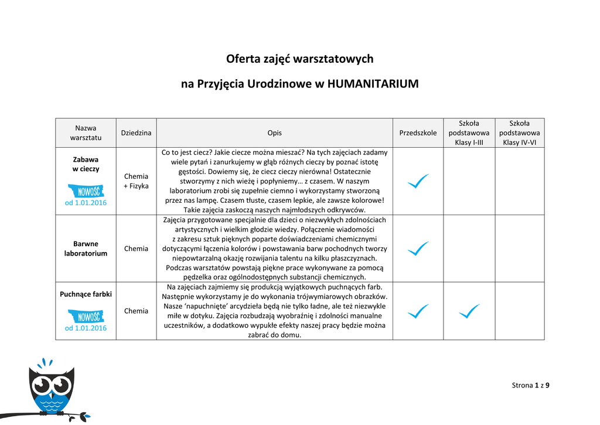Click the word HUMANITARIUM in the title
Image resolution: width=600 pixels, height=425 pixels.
(x=373, y=84)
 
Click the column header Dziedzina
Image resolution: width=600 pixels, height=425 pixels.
(x=136, y=133)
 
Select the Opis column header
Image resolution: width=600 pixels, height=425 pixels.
(x=274, y=133)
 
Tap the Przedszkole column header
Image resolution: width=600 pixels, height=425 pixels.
(x=418, y=133)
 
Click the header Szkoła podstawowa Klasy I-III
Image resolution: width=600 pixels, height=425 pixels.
(x=469, y=133)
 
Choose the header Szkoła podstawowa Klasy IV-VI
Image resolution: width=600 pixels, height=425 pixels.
(x=519, y=133)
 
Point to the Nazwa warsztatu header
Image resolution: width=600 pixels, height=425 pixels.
(x=86, y=132)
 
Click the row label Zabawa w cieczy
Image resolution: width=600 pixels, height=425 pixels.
(x=86, y=164)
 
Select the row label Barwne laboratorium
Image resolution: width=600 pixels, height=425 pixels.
(x=86, y=249)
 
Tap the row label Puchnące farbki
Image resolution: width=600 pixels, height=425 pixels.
(x=86, y=294)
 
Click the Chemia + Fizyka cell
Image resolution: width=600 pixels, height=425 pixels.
(x=136, y=181)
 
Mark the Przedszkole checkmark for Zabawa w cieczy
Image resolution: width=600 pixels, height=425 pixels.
(x=418, y=181)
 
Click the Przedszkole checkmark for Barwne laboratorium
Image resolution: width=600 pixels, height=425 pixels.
(x=418, y=249)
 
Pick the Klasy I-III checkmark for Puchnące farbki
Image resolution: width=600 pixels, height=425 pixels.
(x=469, y=311)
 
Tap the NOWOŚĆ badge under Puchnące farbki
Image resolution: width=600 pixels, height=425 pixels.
(x=86, y=317)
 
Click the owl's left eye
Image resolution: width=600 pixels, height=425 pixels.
(x=41, y=385)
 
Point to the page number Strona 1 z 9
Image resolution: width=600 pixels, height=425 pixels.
(x=530, y=385)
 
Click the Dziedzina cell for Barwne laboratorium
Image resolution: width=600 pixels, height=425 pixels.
(x=136, y=249)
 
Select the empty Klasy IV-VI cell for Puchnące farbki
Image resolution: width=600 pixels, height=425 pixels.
(x=519, y=311)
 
